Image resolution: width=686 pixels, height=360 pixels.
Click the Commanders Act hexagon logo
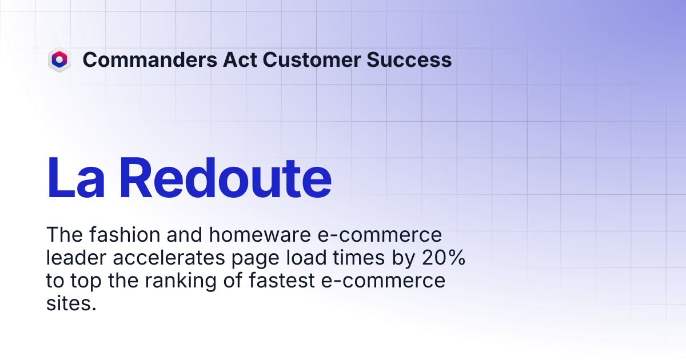(59, 59)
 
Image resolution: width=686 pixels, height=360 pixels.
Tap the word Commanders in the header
(150, 59)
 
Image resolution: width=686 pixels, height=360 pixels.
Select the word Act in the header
(240, 59)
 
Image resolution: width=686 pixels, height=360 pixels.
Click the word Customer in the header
(312, 59)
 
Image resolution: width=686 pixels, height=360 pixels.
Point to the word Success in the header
(409, 59)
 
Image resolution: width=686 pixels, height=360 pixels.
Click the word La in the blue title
(75, 178)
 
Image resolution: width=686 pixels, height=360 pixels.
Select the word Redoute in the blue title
(226, 178)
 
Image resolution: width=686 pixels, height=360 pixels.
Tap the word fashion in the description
(125, 235)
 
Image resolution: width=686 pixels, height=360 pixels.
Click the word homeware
(260, 235)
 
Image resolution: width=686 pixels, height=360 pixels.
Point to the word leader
(76, 258)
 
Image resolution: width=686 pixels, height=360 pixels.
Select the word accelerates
(169, 258)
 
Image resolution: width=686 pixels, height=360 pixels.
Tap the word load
(306, 258)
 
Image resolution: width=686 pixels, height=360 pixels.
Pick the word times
(358, 258)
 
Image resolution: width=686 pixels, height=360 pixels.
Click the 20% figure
(444, 258)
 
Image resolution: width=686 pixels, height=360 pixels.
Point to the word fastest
(282, 281)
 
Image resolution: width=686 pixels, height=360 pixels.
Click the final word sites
(71, 303)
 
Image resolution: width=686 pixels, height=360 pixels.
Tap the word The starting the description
(64, 235)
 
